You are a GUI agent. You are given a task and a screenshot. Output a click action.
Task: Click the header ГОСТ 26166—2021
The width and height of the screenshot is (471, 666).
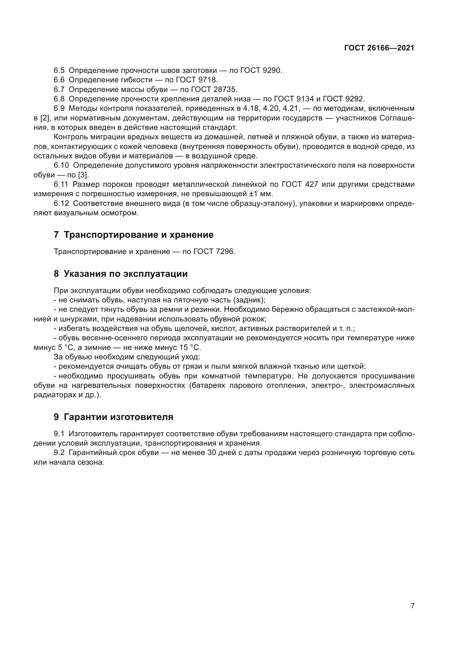point(379,48)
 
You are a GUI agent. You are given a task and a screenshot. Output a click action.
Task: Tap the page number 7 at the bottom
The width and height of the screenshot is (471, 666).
point(412,606)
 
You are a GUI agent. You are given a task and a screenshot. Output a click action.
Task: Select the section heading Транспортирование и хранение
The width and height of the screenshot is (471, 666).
point(138,235)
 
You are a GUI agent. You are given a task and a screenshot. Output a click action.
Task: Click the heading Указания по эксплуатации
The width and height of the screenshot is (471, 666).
point(126,274)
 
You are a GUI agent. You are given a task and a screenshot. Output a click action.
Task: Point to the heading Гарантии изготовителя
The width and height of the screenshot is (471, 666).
point(118,417)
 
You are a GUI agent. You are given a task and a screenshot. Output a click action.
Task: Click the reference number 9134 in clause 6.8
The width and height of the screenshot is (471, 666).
point(304,99)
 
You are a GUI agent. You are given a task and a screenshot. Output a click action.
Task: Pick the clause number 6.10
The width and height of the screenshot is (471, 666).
point(61,165)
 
